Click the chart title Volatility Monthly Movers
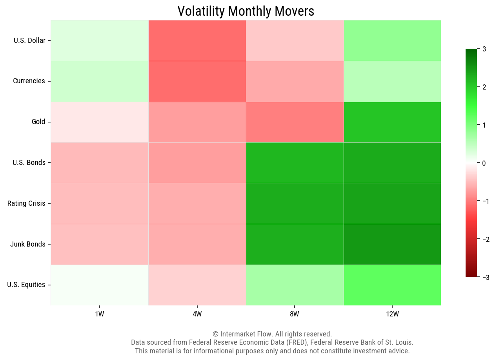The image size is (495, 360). click(246, 11)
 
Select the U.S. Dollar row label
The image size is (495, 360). click(29, 40)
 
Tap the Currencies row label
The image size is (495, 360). click(29, 81)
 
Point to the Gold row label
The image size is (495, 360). click(38, 122)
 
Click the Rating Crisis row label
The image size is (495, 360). click(26, 203)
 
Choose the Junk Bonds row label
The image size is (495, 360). click(27, 244)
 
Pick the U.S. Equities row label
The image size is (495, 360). click(26, 285)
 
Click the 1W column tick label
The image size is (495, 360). click(99, 314)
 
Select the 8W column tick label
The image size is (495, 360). click(295, 314)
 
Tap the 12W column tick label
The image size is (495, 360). click(392, 314)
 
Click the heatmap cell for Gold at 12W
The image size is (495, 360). click(392, 122)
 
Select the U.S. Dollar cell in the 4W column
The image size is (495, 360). click(197, 40)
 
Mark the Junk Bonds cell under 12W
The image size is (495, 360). click(392, 244)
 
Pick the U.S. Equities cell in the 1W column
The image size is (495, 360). click(99, 285)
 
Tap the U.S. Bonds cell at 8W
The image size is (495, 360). click(295, 163)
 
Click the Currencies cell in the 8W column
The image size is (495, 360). click(295, 81)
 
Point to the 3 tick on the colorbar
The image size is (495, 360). click(484, 49)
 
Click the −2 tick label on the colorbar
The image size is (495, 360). click(485, 239)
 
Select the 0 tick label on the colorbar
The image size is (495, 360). click(484, 163)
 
